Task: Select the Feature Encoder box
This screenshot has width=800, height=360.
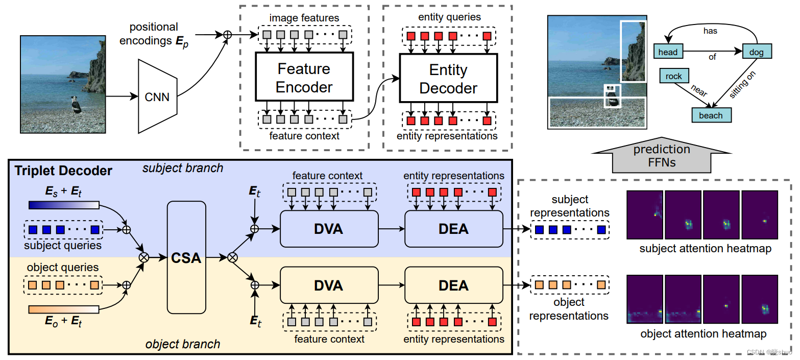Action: (x=304, y=78)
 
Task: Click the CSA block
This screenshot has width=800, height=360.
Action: (x=186, y=258)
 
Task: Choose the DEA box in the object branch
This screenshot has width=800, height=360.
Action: (x=453, y=285)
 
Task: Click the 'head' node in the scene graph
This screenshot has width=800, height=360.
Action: (x=668, y=52)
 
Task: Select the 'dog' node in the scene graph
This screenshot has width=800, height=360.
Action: (x=756, y=52)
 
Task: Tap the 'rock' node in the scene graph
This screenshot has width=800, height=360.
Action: (x=674, y=77)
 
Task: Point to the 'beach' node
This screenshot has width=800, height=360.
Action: (x=711, y=115)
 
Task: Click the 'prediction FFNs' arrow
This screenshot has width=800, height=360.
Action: (x=662, y=155)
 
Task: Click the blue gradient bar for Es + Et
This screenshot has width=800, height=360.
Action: (x=64, y=205)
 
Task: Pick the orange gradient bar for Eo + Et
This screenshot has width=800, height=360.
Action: (x=64, y=309)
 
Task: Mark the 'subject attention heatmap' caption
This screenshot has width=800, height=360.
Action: (x=705, y=249)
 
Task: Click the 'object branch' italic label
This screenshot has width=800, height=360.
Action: (x=183, y=344)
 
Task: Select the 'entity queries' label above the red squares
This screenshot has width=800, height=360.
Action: (x=449, y=17)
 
